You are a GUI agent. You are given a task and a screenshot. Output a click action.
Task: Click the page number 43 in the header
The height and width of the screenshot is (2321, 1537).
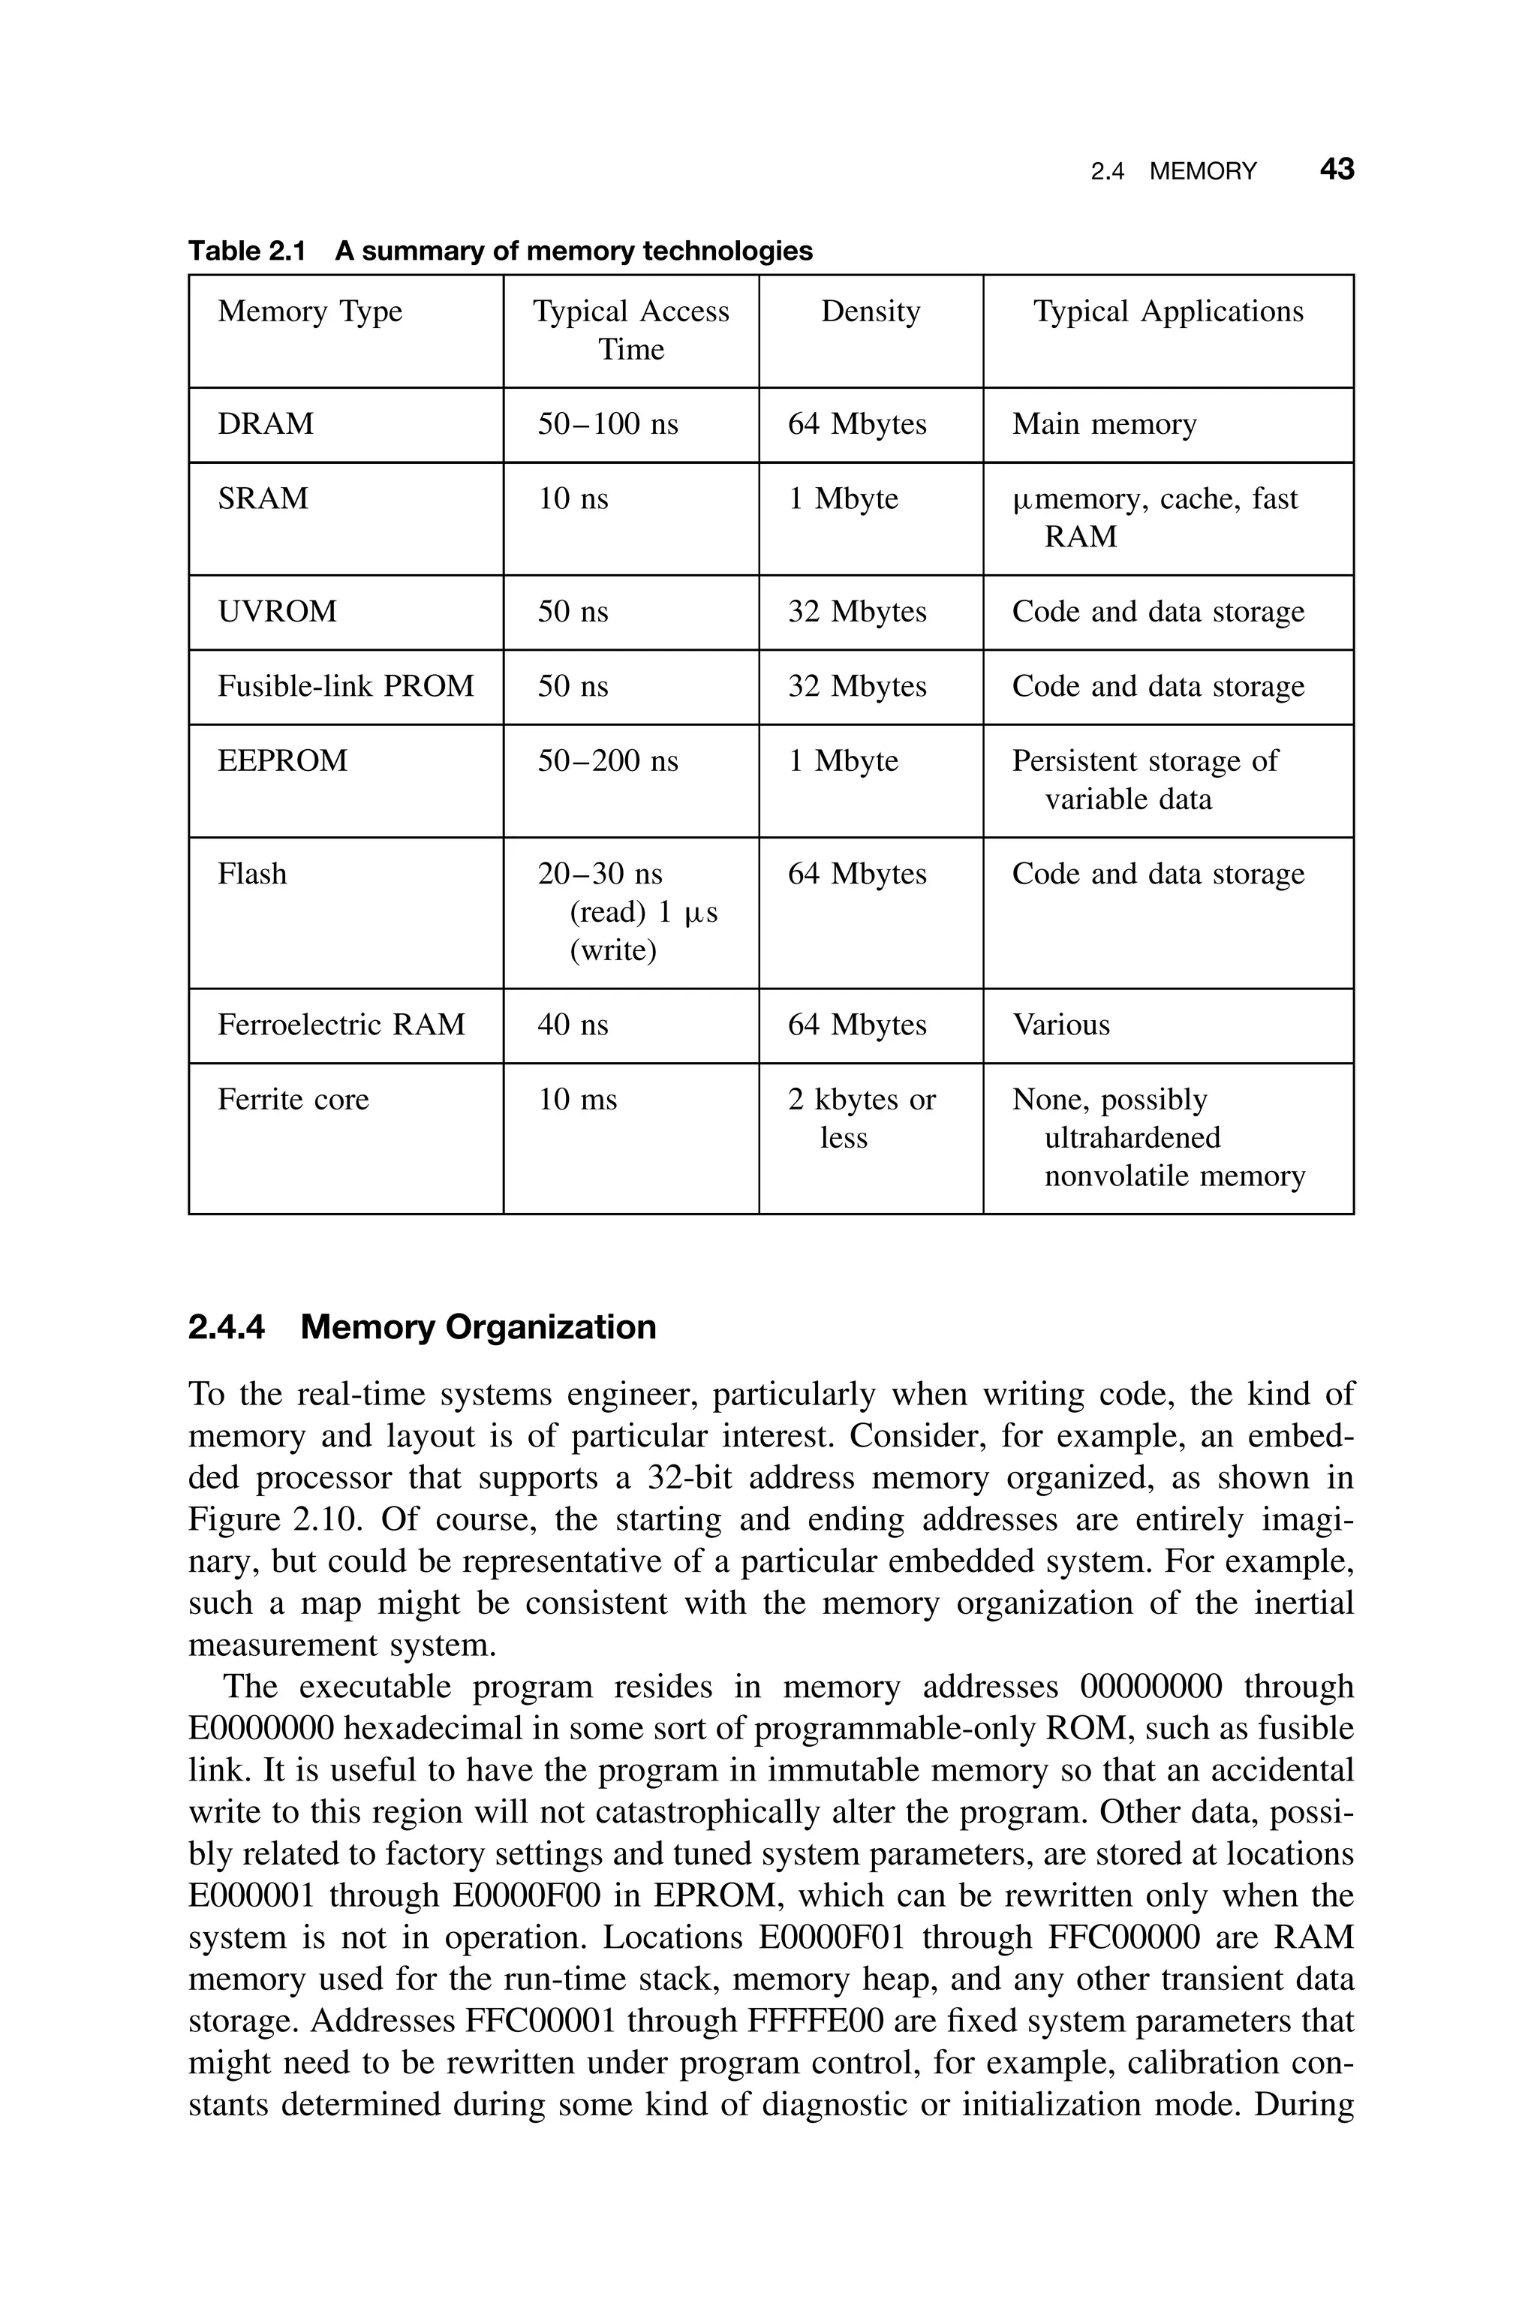pos(1336,170)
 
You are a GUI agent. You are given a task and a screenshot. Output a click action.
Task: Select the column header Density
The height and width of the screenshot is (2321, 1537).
pos(871,312)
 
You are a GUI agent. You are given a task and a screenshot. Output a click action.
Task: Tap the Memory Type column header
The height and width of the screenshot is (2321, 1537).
pos(310,312)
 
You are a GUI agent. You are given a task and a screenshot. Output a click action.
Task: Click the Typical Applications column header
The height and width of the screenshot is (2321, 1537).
pos(1168,312)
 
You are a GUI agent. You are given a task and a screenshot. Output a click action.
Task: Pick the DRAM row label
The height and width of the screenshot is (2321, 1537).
pos(266,423)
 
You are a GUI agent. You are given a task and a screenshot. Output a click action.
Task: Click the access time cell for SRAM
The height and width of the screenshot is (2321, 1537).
pos(573,499)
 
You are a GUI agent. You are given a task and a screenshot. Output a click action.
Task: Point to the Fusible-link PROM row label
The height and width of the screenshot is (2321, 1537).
pos(345,686)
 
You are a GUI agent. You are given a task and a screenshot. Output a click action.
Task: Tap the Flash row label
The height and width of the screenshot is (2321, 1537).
pos(252,875)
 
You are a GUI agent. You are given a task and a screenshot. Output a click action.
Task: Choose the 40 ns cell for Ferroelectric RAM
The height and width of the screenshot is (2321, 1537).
pos(573,1025)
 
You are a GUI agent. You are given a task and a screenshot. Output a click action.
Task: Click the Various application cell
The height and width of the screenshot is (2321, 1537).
pos(1060,1025)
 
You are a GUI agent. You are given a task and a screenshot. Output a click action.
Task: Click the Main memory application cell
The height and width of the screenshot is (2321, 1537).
pos(1104,423)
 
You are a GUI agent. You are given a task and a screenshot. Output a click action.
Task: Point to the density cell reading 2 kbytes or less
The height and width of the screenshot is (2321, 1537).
pos(861,1118)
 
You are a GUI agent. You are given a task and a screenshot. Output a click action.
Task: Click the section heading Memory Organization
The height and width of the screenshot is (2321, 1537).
pos(477,1327)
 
